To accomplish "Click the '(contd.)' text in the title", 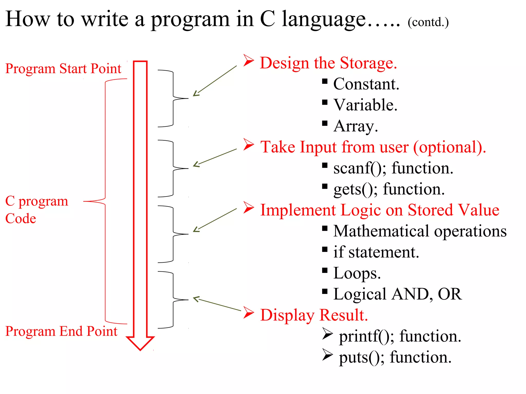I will [428, 22].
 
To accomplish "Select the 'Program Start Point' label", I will [63, 69].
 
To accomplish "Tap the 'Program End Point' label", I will [61, 331].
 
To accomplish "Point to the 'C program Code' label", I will [36, 210].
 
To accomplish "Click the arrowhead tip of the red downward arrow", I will [140, 349].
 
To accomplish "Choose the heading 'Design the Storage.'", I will [328, 63].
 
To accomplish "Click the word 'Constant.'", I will [366, 84].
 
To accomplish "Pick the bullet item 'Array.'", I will [355, 126].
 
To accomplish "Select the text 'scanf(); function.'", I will [393, 168].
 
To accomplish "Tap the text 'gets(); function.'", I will [389, 189].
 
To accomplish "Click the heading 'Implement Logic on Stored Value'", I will [380, 210].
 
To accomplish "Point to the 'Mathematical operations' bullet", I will [420, 231].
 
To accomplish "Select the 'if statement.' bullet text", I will [376, 252].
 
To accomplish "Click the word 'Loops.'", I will [357, 273].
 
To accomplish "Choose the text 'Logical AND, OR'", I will [397, 294].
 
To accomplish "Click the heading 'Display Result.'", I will [314, 315].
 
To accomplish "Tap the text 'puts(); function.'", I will [395, 357].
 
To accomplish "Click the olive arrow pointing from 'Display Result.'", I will [217, 304].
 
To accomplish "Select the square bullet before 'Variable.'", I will [325, 103].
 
